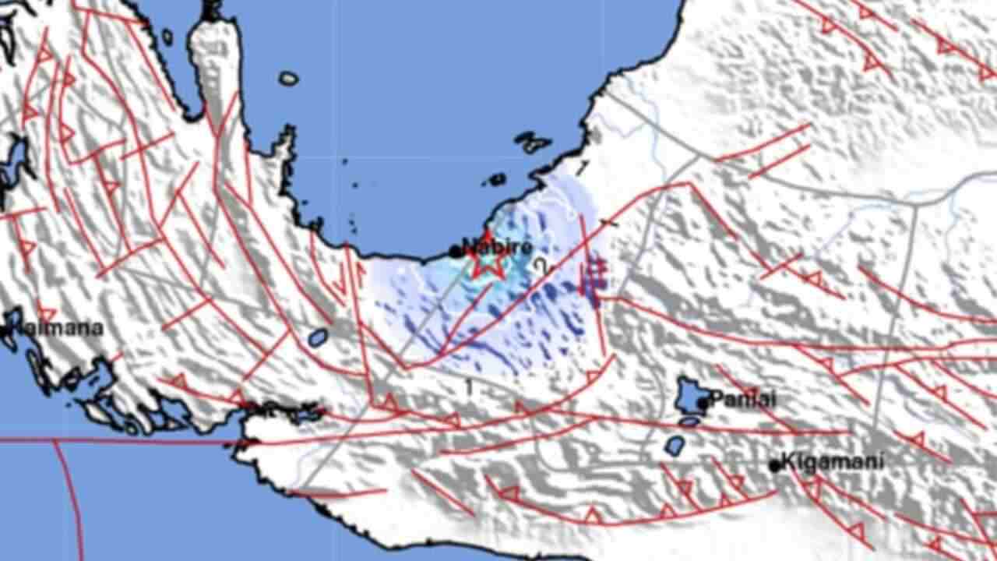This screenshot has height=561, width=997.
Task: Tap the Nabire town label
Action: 498,247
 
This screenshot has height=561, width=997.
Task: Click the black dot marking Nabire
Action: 456,251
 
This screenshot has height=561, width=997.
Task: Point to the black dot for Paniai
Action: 703,403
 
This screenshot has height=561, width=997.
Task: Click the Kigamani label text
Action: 833,461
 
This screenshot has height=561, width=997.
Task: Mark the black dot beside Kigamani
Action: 774,465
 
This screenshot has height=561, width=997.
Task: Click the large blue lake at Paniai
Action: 689,395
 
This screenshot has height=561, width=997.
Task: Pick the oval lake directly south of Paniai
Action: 675,446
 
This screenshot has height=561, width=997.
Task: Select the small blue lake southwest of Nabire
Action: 317,337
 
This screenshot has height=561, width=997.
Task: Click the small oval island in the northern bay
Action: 289,78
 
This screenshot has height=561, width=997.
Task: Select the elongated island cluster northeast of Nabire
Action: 532,143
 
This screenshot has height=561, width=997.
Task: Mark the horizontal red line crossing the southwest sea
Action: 117,442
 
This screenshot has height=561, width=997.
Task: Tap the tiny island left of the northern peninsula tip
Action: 167,37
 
